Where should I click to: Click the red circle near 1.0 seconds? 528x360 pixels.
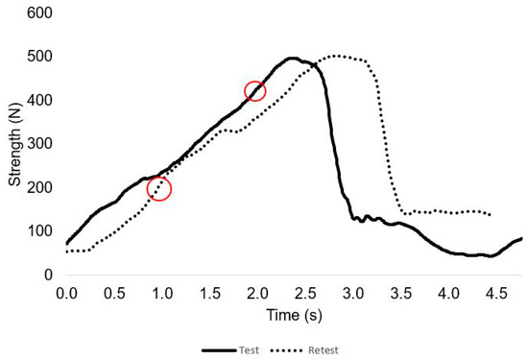click(x=159, y=189)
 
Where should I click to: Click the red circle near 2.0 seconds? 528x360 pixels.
click(x=255, y=91)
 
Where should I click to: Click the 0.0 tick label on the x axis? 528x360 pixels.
click(x=66, y=291)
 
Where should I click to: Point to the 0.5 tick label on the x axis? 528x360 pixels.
click(x=114, y=291)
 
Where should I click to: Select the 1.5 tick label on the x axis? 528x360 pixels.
click(x=209, y=291)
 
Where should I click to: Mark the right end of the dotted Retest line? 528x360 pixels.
click(x=491, y=215)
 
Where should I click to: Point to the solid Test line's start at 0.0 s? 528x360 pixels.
click(x=67, y=243)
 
